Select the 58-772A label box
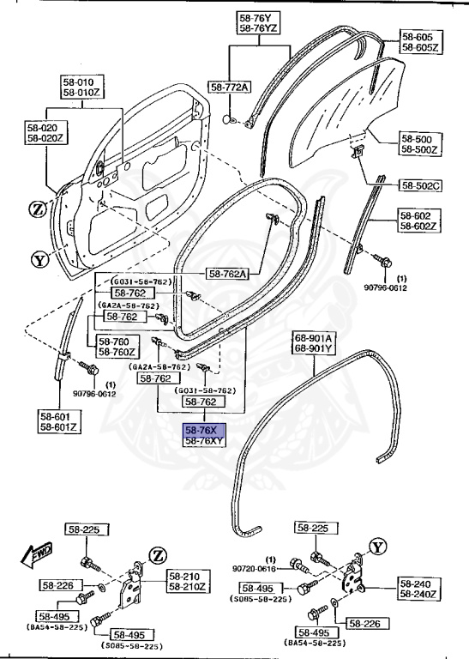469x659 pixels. pyautogui.click(x=230, y=88)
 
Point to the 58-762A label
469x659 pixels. pyautogui.click(x=228, y=274)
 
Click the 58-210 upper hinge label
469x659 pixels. pyautogui.click(x=187, y=581)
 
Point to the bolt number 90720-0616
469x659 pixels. pyautogui.click(x=256, y=568)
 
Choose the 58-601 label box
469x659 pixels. pyautogui.click(x=59, y=420)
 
